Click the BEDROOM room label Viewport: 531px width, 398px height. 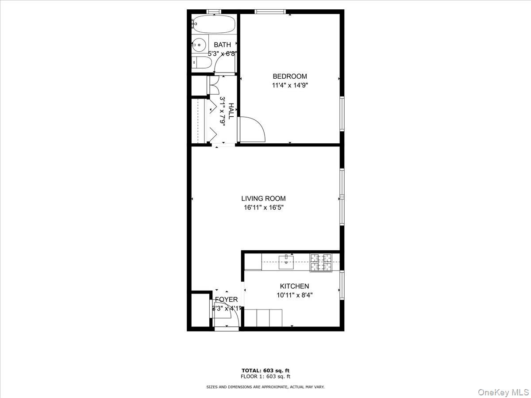(289, 76)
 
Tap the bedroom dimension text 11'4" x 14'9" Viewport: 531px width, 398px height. (289, 85)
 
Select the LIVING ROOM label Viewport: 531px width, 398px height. (263, 199)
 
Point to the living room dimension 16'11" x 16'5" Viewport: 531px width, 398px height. (263, 207)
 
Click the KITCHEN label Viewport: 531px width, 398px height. (294, 286)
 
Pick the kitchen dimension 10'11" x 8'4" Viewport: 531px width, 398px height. (294, 295)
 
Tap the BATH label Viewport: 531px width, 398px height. (222, 45)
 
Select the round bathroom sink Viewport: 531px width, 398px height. (199, 44)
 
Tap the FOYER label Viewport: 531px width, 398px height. (226, 299)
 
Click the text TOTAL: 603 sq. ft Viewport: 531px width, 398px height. (265, 371)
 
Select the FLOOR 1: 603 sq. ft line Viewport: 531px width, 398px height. (265, 377)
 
